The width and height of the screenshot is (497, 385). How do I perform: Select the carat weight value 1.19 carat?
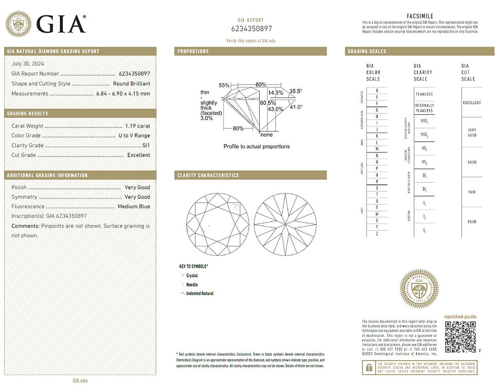pyautogui.click(x=137, y=126)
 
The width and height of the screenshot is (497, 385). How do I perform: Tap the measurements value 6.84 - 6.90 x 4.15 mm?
pyautogui.click(x=123, y=93)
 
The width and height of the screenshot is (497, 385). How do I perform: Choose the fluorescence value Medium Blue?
pyautogui.click(x=134, y=207)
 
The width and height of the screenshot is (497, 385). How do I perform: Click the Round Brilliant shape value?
pyautogui.click(x=132, y=83)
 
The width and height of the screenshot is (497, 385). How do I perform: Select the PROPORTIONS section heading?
pyautogui.click(x=193, y=51)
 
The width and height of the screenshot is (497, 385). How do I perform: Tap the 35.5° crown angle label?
pyautogui.click(x=296, y=91)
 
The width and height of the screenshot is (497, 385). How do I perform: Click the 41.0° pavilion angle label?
pyautogui.click(x=296, y=107)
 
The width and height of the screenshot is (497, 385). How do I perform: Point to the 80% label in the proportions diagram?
pyautogui.click(x=238, y=128)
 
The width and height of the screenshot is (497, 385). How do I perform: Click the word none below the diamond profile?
pyautogui.click(x=266, y=135)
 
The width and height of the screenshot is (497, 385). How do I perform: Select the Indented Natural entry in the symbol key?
pyautogui.click(x=200, y=294)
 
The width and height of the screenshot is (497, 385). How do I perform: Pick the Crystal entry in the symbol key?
pyautogui.click(x=192, y=275)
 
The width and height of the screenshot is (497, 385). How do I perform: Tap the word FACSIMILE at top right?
pyautogui.click(x=420, y=16)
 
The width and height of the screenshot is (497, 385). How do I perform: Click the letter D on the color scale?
pyautogui.click(x=376, y=90)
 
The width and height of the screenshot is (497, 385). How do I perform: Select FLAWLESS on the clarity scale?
pyautogui.click(x=424, y=94)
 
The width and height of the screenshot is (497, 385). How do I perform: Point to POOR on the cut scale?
pyautogui.click(x=472, y=222)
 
